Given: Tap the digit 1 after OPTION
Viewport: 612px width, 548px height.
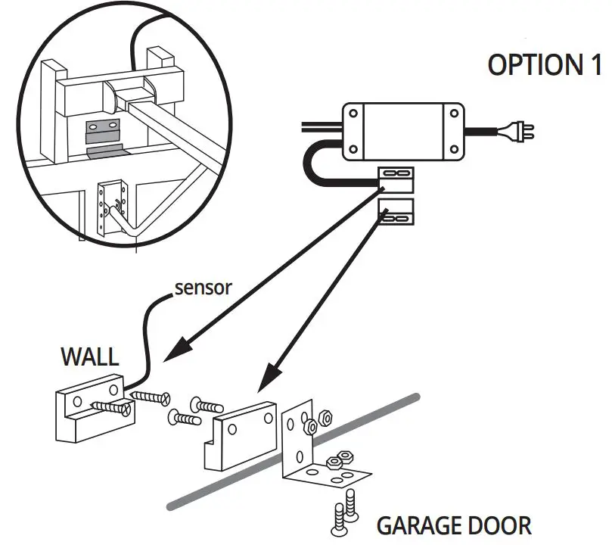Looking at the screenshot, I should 595,65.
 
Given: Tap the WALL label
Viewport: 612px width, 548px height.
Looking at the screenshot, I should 90,356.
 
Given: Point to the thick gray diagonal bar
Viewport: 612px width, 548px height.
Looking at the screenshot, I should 227,481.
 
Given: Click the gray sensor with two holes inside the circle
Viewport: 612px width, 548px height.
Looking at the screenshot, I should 104,130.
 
